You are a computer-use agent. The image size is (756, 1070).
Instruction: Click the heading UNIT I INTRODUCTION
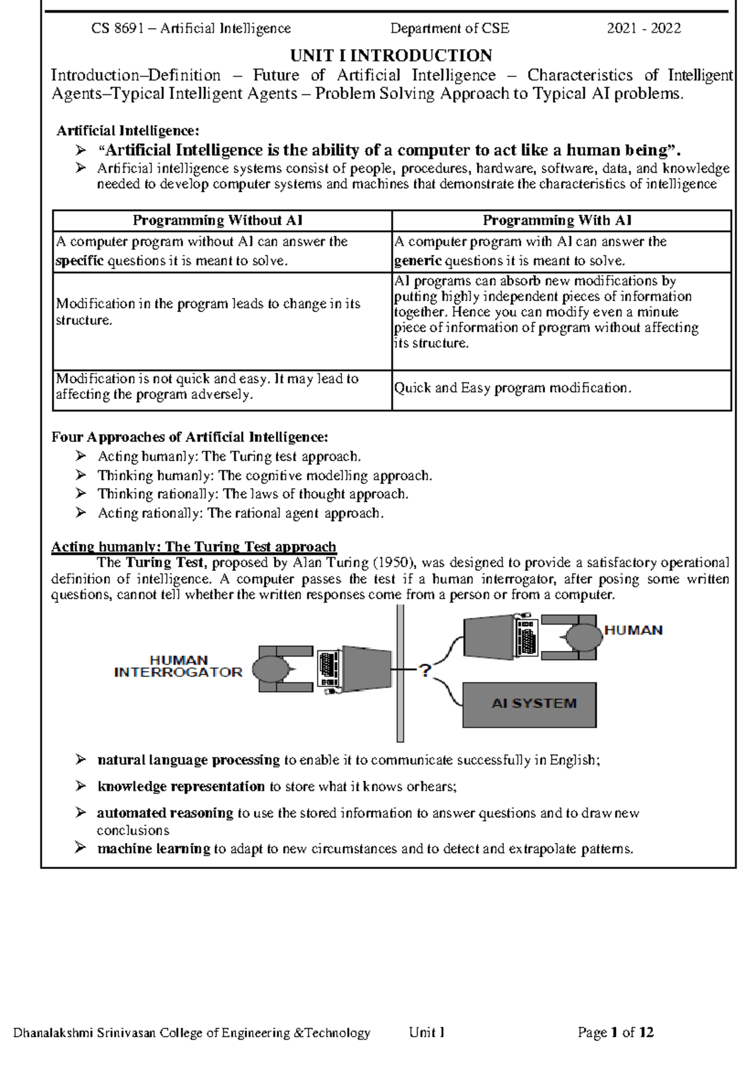tap(391, 55)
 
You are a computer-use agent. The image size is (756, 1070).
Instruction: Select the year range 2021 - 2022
tap(643, 28)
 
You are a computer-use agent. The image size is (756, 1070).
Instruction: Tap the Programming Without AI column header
tap(217, 221)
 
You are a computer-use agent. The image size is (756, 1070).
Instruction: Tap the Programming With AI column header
tap(557, 221)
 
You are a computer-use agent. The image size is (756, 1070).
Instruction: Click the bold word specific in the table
tap(79, 261)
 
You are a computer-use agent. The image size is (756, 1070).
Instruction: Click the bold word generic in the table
tap(417, 261)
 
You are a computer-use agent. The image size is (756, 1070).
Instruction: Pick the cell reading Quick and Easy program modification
tap(512, 388)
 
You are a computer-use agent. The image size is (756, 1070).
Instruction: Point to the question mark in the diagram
tap(425, 670)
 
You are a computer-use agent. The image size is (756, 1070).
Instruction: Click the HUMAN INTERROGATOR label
tap(178, 666)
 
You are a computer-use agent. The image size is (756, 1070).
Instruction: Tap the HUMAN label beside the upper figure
tap(633, 630)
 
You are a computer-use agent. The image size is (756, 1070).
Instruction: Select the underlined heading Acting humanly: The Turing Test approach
tap(193, 546)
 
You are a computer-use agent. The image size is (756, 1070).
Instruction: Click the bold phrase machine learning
tap(153, 849)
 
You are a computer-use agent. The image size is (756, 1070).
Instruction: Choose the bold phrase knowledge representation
tap(181, 786)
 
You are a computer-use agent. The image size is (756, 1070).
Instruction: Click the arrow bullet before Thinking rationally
tap(81, 494)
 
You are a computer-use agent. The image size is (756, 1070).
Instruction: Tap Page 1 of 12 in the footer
tap(616, 1032)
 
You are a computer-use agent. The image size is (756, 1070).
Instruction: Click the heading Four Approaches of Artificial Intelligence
tap(189, 437)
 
